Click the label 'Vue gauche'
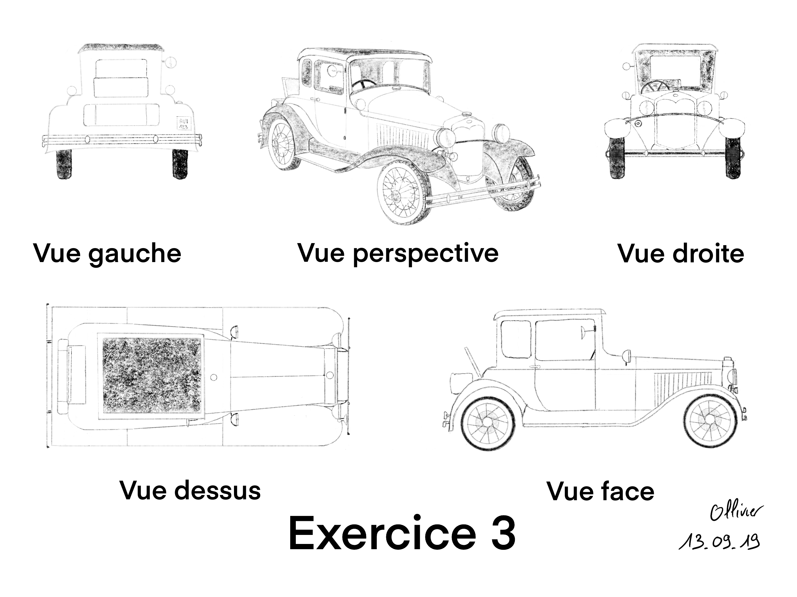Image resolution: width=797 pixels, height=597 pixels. (107, 254)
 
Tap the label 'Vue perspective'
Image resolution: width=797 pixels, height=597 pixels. (398, 254)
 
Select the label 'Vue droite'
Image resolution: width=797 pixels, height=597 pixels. (681, 254)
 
